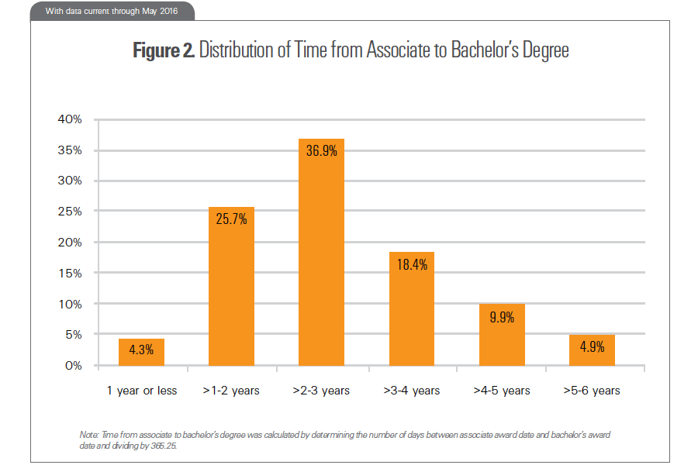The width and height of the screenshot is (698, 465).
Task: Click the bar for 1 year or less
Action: [141, 352]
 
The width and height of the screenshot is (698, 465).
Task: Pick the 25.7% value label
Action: [231, 219]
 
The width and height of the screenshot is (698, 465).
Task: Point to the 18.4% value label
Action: [411, 264]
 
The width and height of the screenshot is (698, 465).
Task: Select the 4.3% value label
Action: [141, 350]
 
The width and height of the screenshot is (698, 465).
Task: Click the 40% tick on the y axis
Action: [69, 120]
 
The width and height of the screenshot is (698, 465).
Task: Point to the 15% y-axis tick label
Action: [69, 274]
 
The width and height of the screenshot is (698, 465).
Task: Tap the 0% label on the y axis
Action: [72, 366]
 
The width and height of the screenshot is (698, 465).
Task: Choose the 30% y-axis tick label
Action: [69, 181]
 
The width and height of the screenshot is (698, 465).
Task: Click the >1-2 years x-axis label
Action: [231, 391]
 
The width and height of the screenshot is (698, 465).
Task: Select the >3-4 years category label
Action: [411, 391]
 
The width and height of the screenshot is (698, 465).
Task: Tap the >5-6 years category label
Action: [592, 391]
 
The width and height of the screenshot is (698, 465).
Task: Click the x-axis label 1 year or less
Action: [142, 391]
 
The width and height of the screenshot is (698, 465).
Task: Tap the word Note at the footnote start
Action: [88, 435]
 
